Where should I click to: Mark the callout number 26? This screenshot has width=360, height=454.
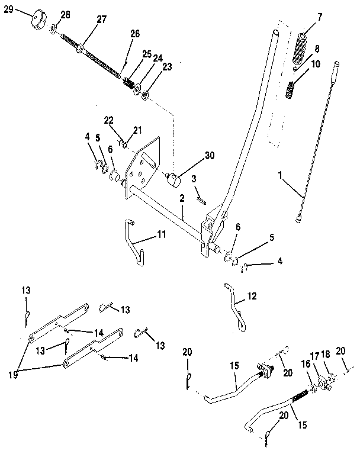[134, 34]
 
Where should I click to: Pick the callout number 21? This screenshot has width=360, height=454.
[138, 129]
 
